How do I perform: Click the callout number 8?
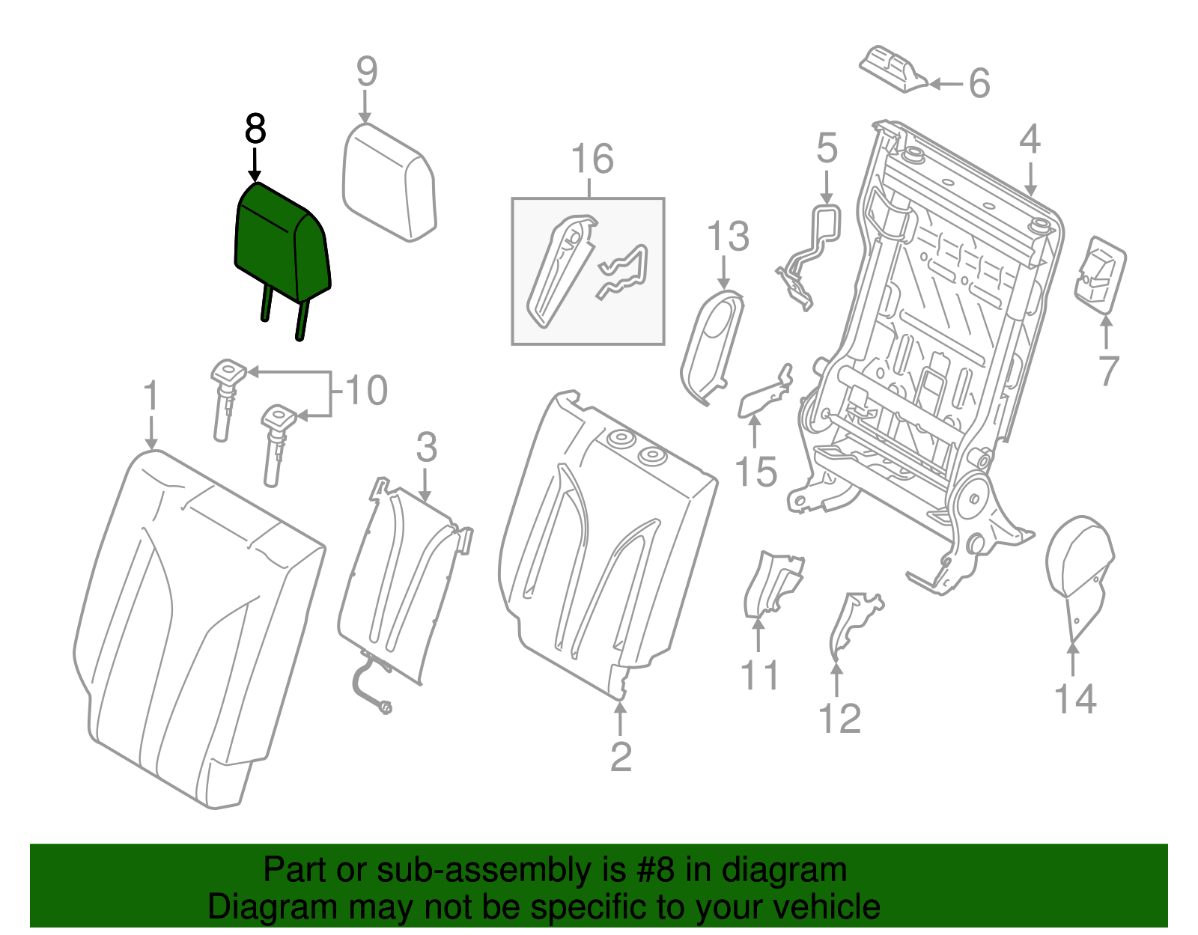[x=255, y=130]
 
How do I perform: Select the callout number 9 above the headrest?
[x=366, y=72]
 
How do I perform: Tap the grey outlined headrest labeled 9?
[x=388, y=183]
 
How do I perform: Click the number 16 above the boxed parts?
[x=592, y=159]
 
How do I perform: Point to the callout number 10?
[x=366, y=391]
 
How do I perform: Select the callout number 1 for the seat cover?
[x=151, y=396]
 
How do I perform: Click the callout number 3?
[x=426, y=448]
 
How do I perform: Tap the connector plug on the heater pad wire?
[x=386, y=706]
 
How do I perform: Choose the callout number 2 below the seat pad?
[x=621, y=757]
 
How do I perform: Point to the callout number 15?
[x=755, y=472]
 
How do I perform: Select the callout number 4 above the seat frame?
[x=1030, y=140]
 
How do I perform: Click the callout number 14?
[x=1074, y=698]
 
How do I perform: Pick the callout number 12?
[x=839, y=719]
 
